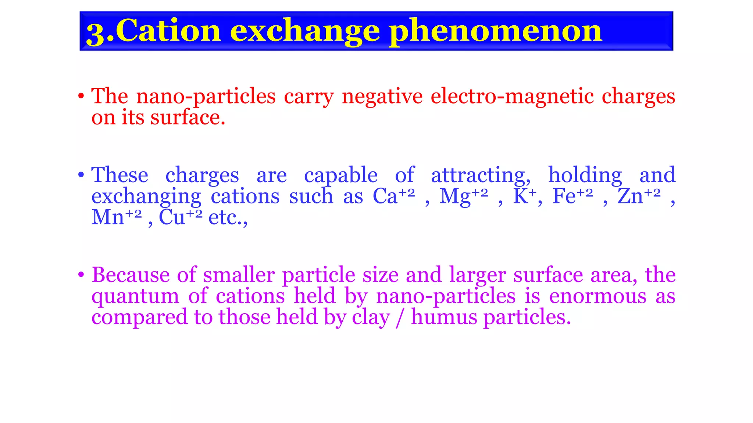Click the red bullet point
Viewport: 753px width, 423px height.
(81, 97)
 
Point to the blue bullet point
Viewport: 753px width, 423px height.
(81, 175)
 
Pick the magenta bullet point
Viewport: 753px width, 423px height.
(81, 275)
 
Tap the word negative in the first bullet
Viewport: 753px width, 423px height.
(382, 97)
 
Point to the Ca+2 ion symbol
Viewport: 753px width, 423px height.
(393, 196)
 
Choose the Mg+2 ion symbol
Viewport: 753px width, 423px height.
(464, 196)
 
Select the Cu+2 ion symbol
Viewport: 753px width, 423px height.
(180, 217)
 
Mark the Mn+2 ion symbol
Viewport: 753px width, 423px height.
(116, 217)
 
